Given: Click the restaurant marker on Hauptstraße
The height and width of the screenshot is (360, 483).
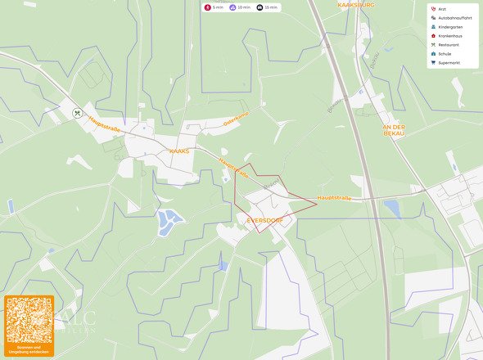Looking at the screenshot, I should (77, 114).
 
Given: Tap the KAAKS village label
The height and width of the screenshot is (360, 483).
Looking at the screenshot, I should (178, 151).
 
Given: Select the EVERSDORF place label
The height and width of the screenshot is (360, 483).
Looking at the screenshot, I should (264, 219).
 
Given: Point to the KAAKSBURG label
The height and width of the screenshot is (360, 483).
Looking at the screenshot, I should (355, 5).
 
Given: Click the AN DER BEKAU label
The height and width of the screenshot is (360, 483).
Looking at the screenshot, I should (394, 130).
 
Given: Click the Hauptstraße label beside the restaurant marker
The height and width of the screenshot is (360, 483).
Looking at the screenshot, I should (105, 124).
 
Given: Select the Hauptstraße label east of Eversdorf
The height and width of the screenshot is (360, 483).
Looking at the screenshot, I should (334, 197).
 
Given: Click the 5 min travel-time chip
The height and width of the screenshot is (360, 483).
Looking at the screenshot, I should (214, 7).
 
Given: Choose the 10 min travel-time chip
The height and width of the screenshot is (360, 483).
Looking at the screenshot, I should (239, 7).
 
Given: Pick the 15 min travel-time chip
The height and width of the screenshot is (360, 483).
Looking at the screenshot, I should (267, 7).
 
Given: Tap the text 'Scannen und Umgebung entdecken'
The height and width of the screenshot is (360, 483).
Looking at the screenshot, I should (29, 350).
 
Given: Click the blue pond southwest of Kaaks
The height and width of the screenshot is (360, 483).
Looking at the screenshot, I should (169, 220).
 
